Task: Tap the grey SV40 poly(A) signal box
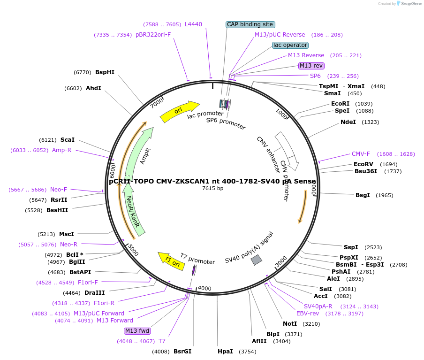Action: click(256, 260)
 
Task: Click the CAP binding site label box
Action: click(250, 24)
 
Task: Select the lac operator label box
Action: click(290, 45)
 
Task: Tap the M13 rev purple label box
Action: click(311, 66)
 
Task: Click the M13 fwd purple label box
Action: click(137, 331)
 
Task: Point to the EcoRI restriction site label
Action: click(340, 104)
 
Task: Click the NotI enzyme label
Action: click(290, 324)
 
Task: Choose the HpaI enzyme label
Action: click(225, 352)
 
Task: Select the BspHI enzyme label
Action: click(105, 72)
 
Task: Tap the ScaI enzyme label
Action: click(67, 140)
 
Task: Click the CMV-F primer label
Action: click(361, 154)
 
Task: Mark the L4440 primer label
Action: click(193, 24)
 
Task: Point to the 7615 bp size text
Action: click(212, 188)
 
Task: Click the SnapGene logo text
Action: click(410, 4)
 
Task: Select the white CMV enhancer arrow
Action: click(287, 150)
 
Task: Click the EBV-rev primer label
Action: click(308, 314)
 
